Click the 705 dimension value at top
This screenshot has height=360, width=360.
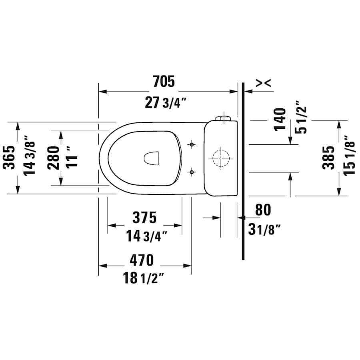click(x=164, y=82)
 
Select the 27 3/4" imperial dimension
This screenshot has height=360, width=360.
click(x=166, y=103)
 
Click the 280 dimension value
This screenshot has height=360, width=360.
click(x=53, y=157)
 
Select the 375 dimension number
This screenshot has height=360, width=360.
click(x=144, y=218)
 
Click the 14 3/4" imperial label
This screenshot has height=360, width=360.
click(x=146, y=236)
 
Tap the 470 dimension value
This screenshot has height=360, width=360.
click(x=141, y=260)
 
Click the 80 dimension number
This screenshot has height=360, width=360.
click(x=262, y=210)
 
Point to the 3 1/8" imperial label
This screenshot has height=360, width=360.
click(x=264, y=229)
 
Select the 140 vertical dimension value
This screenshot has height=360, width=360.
click(x=280, y=119)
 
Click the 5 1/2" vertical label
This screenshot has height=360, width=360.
click(x=300, y=119)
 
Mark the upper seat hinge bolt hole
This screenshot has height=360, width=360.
click(x=192, y=144)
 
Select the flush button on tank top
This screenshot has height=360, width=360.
click(x=223, y=118)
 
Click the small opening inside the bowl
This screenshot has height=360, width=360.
click(x=152, y=158)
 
